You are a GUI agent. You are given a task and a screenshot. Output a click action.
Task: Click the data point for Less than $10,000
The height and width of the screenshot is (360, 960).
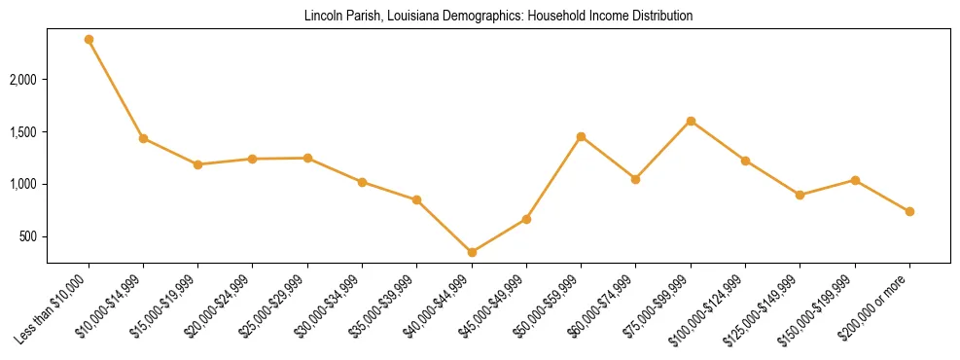(89, 40)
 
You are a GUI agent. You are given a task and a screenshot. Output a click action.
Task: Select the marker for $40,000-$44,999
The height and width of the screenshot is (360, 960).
(472, 252)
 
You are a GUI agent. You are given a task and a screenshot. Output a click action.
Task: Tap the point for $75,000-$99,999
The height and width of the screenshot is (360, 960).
(691, 121)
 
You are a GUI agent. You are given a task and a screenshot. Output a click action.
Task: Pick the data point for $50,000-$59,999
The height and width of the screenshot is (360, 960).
(581, 136)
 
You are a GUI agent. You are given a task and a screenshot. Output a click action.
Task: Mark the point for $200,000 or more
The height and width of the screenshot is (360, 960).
(909, 211)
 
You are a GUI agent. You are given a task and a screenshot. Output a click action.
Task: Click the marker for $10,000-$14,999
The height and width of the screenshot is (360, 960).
(143, 138)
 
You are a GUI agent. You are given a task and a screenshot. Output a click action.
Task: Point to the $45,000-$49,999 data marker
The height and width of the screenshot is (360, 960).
(526, 219)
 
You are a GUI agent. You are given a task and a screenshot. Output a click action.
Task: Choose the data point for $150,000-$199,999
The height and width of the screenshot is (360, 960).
(855, 180)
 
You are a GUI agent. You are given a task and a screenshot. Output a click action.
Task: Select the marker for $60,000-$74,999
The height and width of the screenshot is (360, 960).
(635, 179)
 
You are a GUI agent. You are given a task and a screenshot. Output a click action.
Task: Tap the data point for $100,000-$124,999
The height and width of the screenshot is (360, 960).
(745, 161)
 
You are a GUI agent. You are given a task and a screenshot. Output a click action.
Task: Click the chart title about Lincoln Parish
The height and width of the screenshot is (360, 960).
(498, 17)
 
